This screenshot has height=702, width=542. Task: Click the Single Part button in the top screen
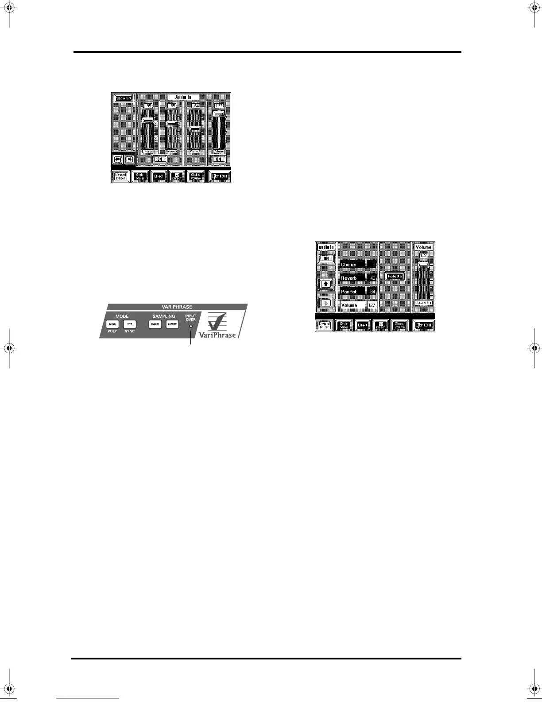coord(123,98)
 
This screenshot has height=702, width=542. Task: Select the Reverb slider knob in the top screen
coord(171,124)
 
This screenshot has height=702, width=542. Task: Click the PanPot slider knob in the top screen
coord(195,129)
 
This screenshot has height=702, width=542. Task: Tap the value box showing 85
coord(171,105)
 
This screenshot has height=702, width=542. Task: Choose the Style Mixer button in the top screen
coord(140,176)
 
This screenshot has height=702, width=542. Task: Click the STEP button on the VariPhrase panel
coord(129,324)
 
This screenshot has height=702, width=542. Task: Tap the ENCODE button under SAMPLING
coord(155,324)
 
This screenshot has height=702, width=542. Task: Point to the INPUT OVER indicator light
coord(191,327)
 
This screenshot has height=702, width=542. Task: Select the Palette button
coord(395,276)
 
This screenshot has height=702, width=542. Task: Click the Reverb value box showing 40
coord(372,278)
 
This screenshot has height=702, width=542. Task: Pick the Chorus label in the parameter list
coord(352,265)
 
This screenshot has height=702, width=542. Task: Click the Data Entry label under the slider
coord(423,302)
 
